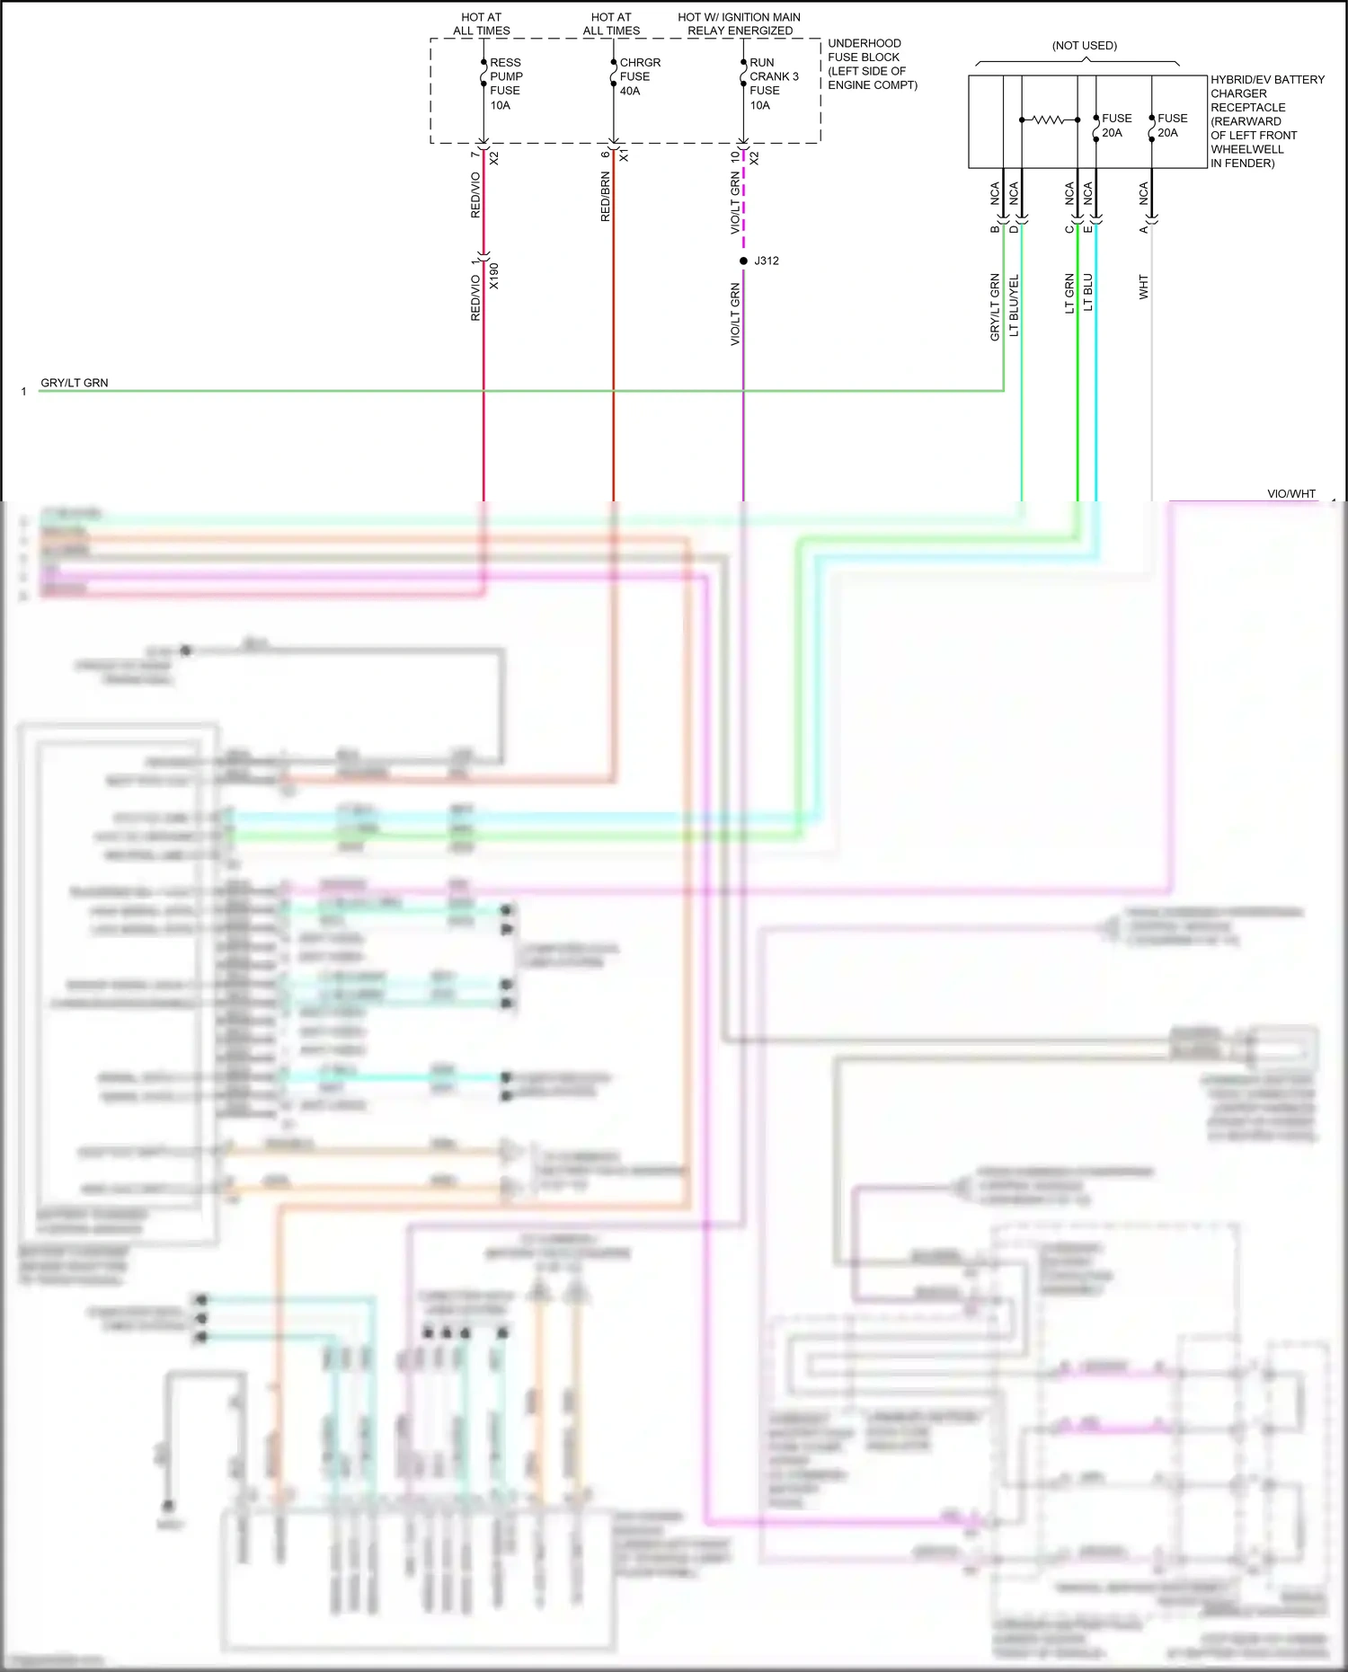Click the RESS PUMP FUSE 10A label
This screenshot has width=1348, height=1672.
[x=505, y=84]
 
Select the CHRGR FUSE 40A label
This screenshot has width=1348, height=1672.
[x=639, y=76]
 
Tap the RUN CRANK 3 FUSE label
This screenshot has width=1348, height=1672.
[x=773, y=84]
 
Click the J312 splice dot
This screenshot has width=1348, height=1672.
[x=743, y=261]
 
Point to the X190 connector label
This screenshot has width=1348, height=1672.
[x=493, y=276]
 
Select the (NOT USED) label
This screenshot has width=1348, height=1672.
[x=1085, y=46]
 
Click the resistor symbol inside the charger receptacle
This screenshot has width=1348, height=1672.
[x=1049, y=119]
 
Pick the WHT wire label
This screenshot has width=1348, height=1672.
[x=1143, y=288]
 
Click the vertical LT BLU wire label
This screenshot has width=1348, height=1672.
[x=1087, y=293]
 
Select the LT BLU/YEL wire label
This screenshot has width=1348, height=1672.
[x=1014, y=305]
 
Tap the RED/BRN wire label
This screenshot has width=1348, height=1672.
[x=605, y=198]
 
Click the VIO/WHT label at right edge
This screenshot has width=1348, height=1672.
[x=1290, y=494]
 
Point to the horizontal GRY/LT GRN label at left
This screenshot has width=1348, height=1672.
[x=75, y=383]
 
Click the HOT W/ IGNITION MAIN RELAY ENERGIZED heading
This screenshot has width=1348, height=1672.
[x=739, y=23]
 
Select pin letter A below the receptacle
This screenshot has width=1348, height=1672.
[x=1143, y=230]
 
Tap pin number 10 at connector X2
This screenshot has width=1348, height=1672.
[x=734, y=156]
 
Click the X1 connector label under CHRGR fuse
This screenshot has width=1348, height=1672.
[x=624, y=156]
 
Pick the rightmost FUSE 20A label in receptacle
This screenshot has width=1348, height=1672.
[x=1171, y=125]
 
